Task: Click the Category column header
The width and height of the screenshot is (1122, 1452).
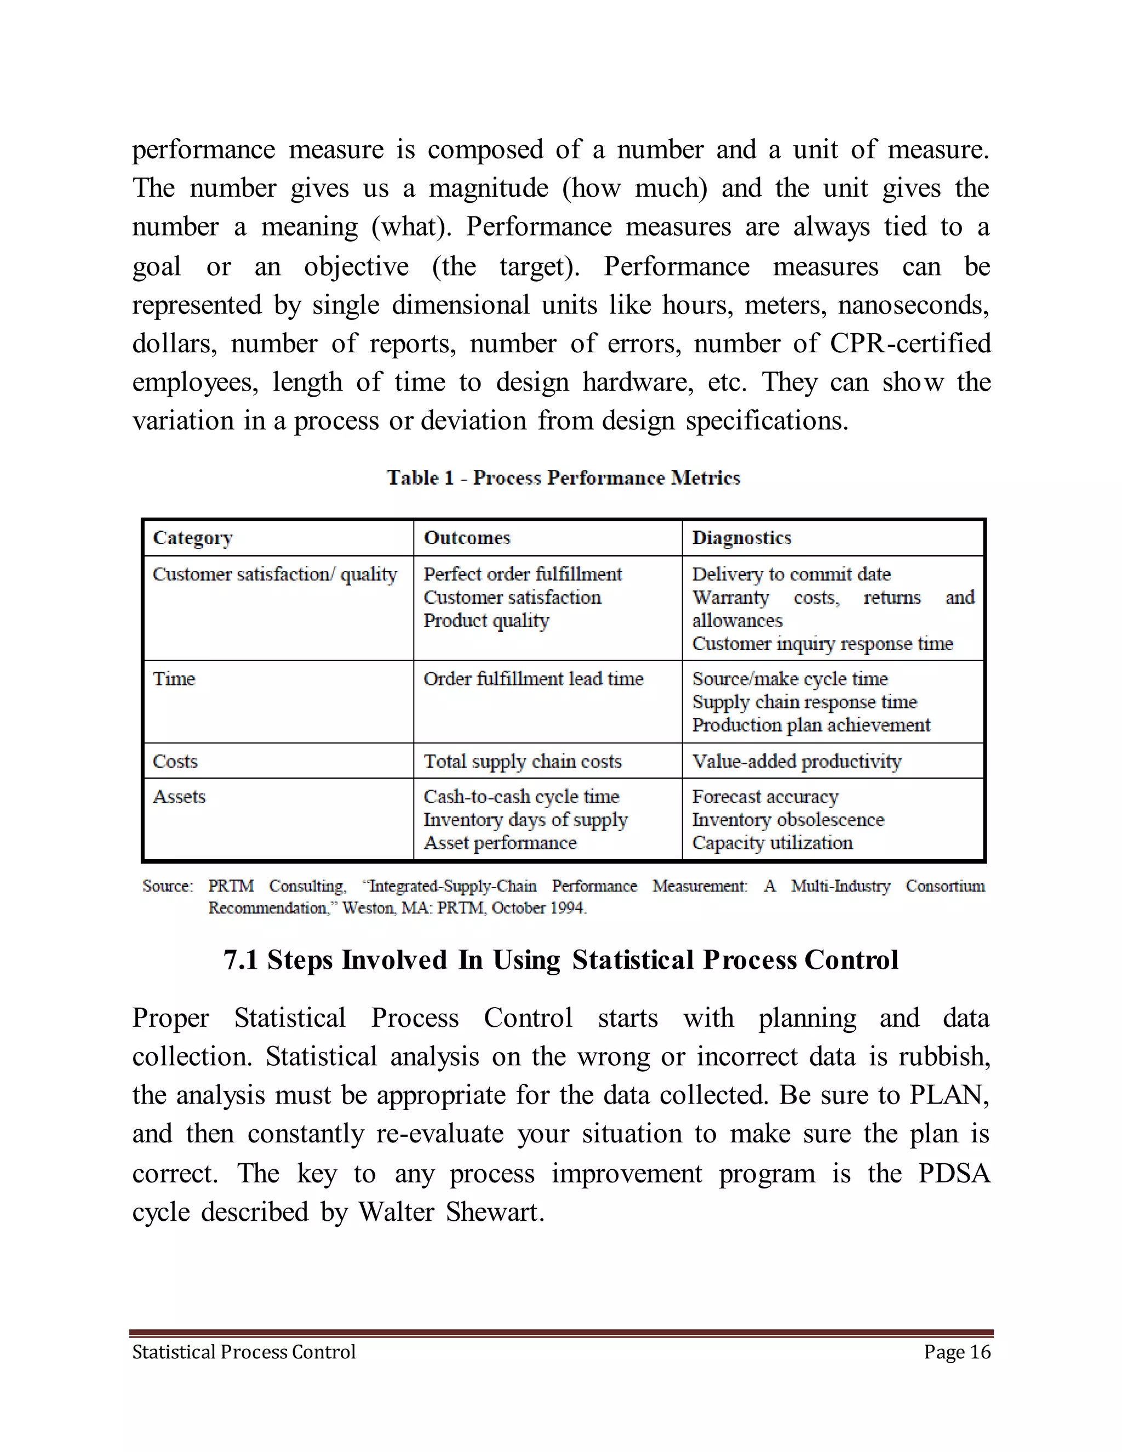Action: coord(193,538)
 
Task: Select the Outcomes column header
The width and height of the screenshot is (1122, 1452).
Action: coord(467,538)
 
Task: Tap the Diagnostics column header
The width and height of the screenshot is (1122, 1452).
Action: coord(742,538)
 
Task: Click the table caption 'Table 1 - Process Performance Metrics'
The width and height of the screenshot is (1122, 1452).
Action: coord(563,478)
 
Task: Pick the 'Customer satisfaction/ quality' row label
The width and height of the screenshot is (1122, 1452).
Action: coord(274,574)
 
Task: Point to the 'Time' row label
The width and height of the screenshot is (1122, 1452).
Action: coord(174,679)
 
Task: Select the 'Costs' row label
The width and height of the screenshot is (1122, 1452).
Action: coord(175,761)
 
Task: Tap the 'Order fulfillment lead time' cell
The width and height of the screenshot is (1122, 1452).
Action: coord(533,679)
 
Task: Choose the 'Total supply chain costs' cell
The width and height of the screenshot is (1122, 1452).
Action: coord(523,761)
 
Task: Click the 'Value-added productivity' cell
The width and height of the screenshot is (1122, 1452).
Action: coord(796,761)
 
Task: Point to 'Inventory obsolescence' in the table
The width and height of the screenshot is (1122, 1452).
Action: coord(788,820)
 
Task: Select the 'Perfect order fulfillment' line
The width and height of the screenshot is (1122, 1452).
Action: coord(523,574)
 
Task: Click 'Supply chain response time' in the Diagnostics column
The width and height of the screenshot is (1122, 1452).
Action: coord(804,702)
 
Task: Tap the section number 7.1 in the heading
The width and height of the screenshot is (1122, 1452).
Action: coord(240,961)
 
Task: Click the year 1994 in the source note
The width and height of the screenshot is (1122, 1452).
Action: coord(566,908)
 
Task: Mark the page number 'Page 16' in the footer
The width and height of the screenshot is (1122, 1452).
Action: coord(957,1352)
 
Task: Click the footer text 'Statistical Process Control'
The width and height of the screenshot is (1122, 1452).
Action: coord(244,1352)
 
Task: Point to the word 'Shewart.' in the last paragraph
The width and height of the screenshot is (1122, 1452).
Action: coord(495,1212)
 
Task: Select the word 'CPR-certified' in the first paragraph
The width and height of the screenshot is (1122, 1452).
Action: coord(910,344)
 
